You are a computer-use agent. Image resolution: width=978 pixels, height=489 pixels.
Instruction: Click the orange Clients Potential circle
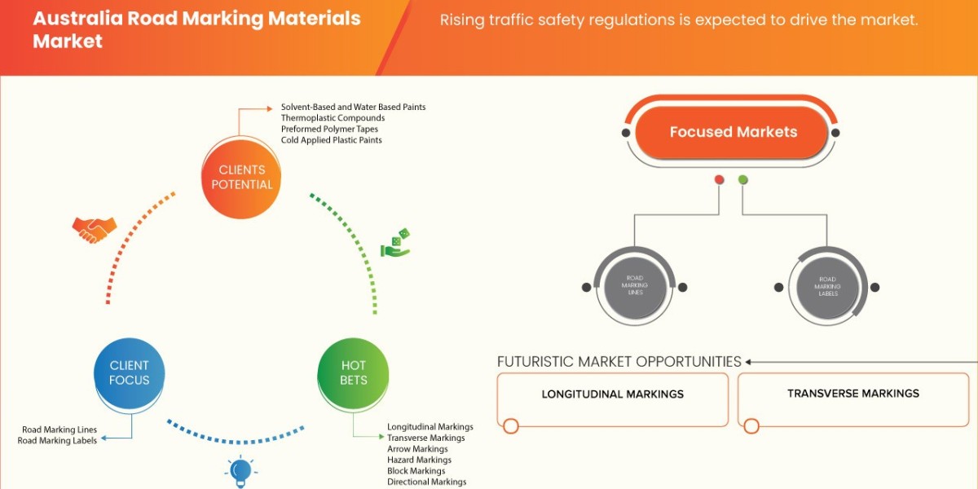coord(242,177)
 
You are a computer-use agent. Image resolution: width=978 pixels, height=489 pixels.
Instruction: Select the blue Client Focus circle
coord(130,372)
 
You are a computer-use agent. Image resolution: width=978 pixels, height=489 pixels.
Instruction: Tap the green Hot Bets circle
coord(354,372)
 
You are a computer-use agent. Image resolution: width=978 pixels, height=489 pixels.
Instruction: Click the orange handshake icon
coord(94,229)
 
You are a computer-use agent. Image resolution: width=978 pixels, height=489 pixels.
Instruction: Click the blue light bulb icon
coord(240,471)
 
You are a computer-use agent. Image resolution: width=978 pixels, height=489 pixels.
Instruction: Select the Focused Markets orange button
coord(733,132)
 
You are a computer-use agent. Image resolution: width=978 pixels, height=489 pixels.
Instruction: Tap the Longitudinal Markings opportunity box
coord(613,399)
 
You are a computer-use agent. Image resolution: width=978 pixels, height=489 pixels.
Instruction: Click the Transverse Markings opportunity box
coord(852,399)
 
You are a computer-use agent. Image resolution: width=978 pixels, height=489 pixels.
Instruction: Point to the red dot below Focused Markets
coord(719,179)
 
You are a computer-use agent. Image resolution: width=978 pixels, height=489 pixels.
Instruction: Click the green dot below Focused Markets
coord(742,179)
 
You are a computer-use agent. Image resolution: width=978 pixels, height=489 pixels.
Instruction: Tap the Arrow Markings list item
coord(417,449)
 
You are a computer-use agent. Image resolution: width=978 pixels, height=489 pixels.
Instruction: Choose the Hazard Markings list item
coord(419,460)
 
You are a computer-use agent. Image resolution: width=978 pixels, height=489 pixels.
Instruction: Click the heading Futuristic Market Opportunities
coord(619,361)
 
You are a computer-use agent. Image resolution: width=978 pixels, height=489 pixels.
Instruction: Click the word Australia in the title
coord(75,19)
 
